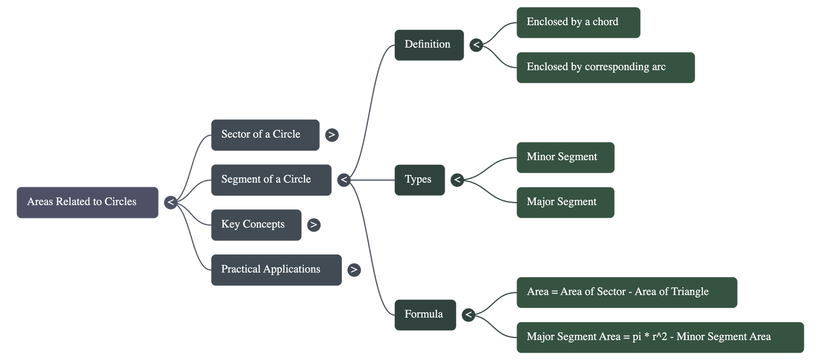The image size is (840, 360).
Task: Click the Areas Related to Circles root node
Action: (x=87, y=202)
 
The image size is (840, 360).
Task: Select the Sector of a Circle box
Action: (x=265, y=135)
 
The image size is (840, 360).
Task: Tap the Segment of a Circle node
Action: (x=271, y=180)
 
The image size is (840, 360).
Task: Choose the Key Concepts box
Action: (x=256, y=225)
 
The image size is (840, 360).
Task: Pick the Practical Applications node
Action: (x=276, y=270)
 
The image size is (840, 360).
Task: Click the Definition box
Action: (x=429, y=45)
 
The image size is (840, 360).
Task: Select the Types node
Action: (x=419, y=180)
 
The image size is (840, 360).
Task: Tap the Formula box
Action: (x=425, y=314)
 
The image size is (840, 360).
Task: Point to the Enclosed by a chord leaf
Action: (x=578, y=23)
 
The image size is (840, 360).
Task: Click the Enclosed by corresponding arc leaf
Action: (x=605, y=67)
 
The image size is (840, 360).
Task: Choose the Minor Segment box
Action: (x=565, y=157)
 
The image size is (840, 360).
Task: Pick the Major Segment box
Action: (x=565, y=202)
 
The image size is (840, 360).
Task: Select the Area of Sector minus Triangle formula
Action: (x=627, y=292)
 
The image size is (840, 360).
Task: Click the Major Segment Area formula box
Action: (x=660, y=337)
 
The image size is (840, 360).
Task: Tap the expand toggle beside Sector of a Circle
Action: (x=331, y=135)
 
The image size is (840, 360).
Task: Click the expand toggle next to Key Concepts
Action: (x=313, y=225)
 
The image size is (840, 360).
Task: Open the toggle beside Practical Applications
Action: (x=354, y=270)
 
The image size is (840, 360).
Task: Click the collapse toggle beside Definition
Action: (x=476, y=45)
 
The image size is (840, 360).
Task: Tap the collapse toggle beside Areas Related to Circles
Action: (x=170, y=202)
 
